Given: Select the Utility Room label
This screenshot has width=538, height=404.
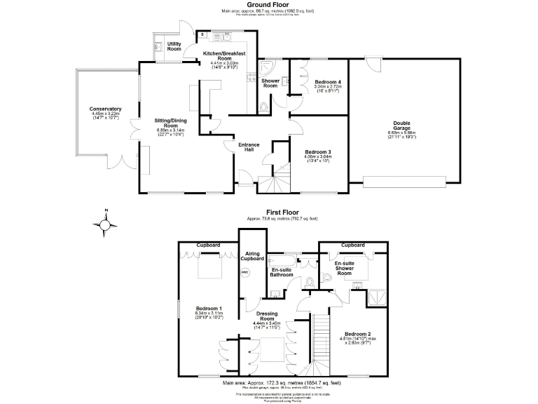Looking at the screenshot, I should coord(174,46).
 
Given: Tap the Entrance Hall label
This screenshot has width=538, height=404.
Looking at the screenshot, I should coord(250,147).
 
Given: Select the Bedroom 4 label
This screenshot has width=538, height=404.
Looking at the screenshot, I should coord(327,82).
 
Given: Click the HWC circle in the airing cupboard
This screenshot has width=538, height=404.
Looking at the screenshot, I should coord(245,273).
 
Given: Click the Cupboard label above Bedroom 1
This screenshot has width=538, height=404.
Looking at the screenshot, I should coord(207,245).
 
